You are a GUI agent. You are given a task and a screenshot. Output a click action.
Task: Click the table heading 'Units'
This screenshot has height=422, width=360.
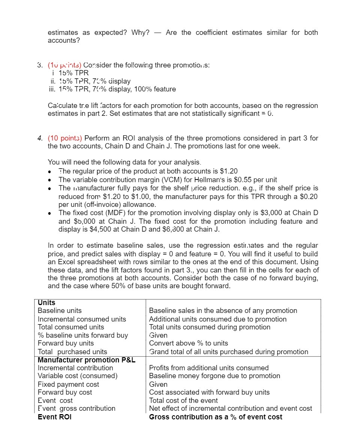[46, 302]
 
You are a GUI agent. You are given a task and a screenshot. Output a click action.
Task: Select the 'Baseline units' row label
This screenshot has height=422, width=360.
[60, 311]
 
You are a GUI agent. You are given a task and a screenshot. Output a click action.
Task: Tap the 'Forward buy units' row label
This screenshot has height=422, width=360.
[66, 343]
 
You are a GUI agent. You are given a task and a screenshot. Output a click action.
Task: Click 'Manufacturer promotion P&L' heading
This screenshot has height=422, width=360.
[87, 360]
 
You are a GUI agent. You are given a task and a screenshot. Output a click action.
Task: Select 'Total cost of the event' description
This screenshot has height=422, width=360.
[183, 400]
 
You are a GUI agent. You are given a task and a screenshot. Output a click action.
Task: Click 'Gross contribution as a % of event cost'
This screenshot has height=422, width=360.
[216, 417]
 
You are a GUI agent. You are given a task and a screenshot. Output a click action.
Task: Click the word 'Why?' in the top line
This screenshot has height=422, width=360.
[140, 33]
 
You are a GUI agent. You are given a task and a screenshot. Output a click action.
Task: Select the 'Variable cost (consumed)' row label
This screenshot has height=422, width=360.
[78, 376]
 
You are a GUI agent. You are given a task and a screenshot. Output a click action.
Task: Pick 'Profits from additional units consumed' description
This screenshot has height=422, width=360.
[209, 368]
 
